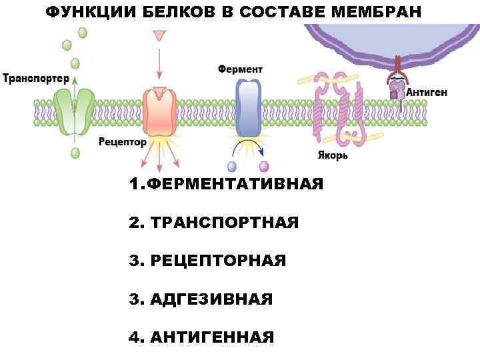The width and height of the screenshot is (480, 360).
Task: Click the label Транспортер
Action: pos(36,79)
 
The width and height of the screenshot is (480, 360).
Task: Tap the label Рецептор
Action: pos(123,142)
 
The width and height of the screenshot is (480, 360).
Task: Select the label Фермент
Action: pos(240,69)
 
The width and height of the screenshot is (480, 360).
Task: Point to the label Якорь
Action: pos(331,156)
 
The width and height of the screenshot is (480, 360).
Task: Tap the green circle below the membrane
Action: pos(75,153)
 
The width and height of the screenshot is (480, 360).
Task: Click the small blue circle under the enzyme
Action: pos(232,166)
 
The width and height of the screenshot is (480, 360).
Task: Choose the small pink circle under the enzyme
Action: pos(264,166)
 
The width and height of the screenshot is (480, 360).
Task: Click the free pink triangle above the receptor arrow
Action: pos(159,35)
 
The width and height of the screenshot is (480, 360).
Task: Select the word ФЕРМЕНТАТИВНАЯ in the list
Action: pos(235,184)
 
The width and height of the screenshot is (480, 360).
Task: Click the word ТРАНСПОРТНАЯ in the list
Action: pos(225,222)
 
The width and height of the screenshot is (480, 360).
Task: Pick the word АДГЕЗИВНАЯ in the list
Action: pos(211,299)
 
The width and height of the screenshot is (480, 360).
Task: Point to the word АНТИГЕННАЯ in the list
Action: pos(212,337)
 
